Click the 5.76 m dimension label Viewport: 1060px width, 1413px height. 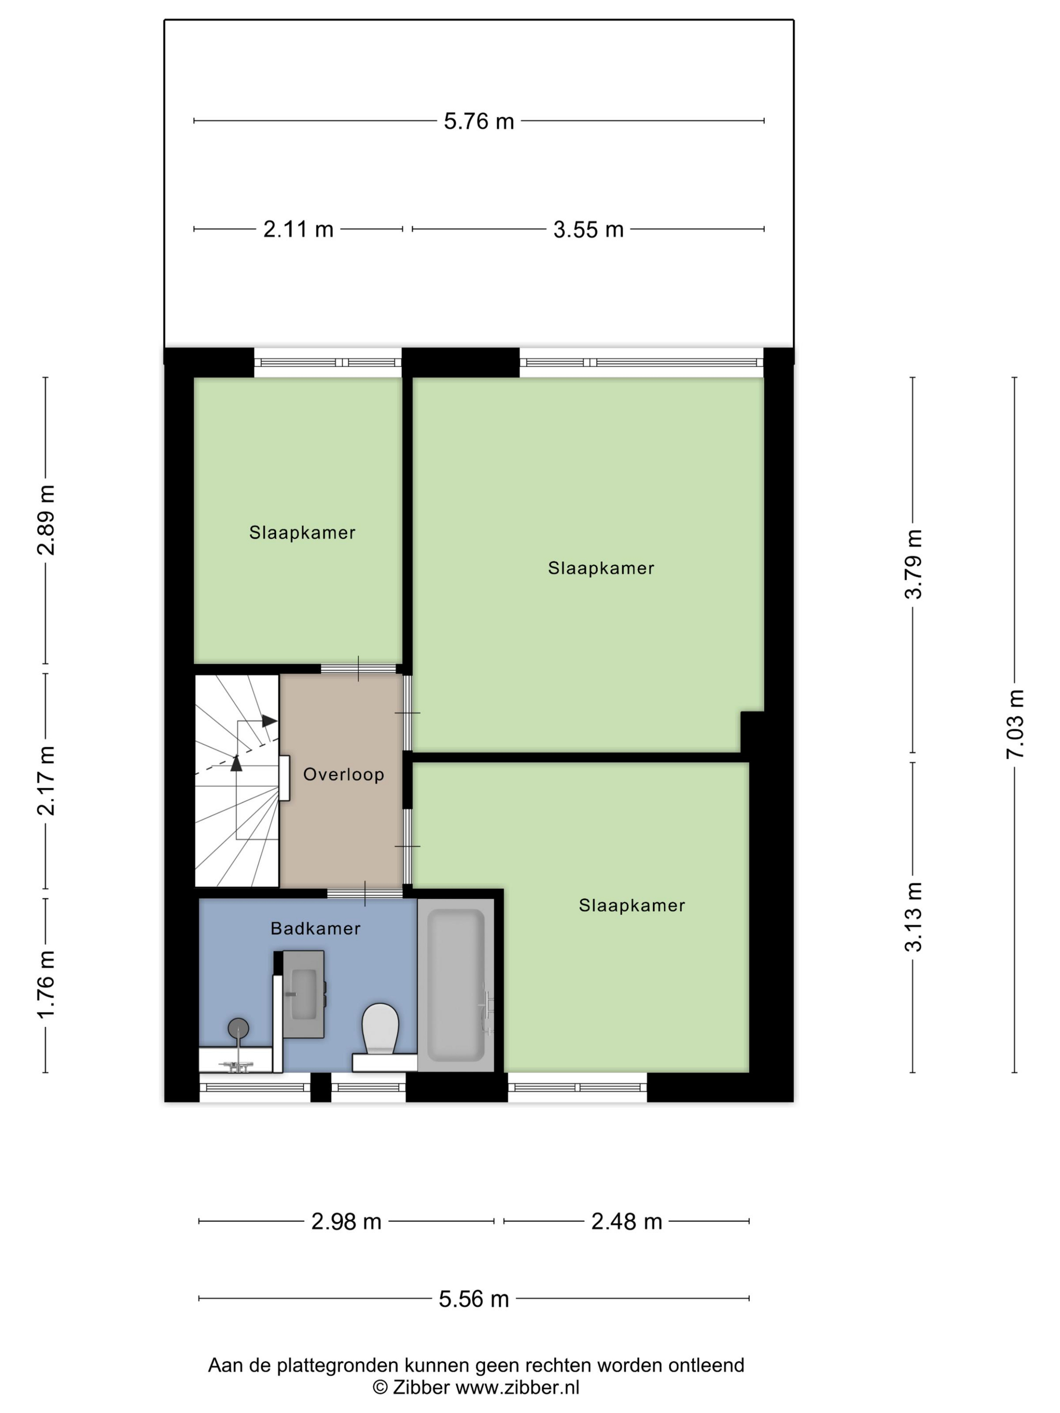[x=479, y=122]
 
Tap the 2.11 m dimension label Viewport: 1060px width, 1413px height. [x=298, y=229]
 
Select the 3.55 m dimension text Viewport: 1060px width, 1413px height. [x=588, y=229]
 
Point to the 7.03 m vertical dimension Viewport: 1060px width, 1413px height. [x=1014, y=724]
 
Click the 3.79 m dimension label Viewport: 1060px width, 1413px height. [x=913, y=564]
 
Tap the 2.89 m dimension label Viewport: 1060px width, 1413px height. [x=46, y=520]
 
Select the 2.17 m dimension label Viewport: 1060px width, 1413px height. [x=46, y=781]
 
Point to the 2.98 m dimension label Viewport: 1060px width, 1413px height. [x=346, y=1222]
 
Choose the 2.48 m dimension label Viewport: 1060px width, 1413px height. [x=626, y=1222]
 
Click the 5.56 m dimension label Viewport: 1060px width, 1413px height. [x=473, y=1299]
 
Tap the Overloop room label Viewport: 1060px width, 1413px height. [x=343, y=775]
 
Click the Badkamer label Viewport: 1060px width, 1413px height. [x=315, y=929]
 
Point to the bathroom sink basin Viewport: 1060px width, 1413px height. [x=304, y=995]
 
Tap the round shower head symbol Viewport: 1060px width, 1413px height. [x=238, y=1028]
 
